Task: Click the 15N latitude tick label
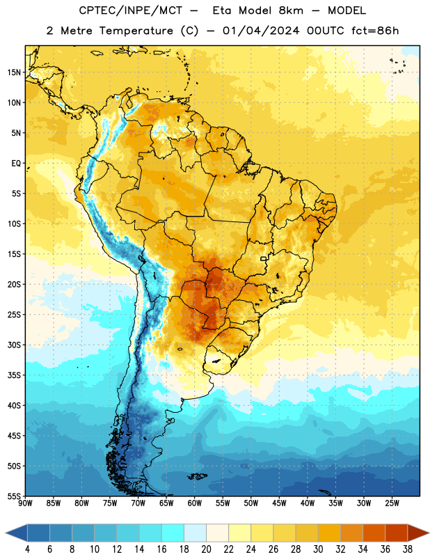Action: pos(15,72)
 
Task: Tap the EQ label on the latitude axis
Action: pos(16,164)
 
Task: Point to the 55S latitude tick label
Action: pos(15,496)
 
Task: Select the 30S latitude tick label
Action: pos(15,345)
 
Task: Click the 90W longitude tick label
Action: pos(25,503)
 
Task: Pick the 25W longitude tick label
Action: pos(392,503)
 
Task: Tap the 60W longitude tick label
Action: pos(195,503)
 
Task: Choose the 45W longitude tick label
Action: pos(279,503)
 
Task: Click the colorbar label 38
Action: pos(407,549)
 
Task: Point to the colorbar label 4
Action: pos(27,549)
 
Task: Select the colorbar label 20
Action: pos(206,549)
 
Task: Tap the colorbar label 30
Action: pos(318,549)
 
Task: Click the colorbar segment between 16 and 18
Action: pos(173,533)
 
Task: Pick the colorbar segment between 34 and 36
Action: pos(374,533)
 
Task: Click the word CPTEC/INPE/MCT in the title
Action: pos(131,10)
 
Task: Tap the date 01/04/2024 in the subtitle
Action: pos(261,31)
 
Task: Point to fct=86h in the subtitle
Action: pos(375,31)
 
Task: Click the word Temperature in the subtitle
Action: pos(136,31)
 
